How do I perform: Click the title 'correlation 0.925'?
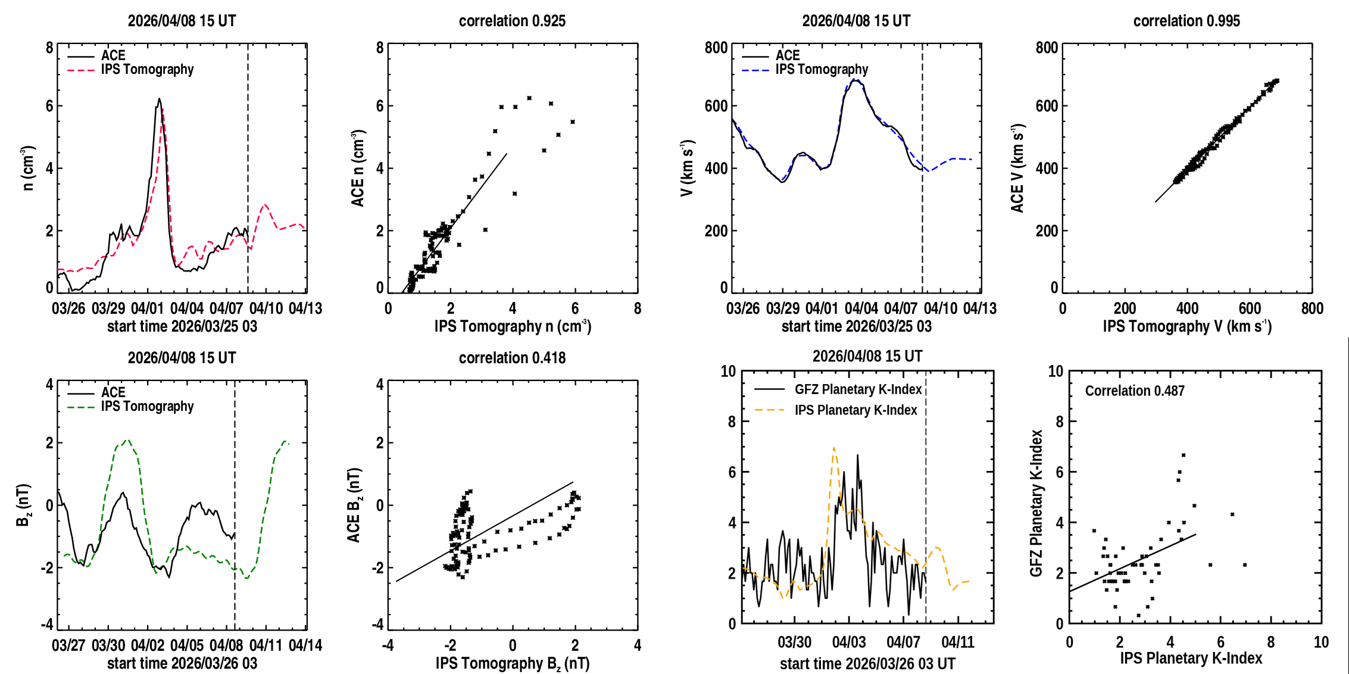pos(512,21)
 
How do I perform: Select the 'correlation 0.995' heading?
pos(1186,21)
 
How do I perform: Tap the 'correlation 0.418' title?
pos(512,358)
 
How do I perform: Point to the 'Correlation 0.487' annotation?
pos(1135,391)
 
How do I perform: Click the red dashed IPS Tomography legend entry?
pos(130,70)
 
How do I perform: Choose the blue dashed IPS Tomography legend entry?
pos(805,70)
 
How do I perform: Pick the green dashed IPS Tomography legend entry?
pos(130,407)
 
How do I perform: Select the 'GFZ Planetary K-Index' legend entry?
pos(838,389)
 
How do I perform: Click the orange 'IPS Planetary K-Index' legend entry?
pos(836,410)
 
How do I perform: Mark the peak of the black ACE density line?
pos(159,98)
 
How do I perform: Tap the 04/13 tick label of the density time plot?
pos(305,308)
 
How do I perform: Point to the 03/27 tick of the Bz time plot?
pos(68,645)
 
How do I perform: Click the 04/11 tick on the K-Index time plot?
pos(958,642)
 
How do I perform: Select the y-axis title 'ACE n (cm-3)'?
pos(358,168)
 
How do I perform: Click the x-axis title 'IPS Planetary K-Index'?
pos(1191,658)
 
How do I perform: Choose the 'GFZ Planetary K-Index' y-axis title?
pos(1036,503)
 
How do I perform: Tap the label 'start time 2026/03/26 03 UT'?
pos(868,664)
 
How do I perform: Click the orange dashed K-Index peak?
pos(833,447)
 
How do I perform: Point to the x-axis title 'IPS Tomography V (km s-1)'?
pos(1187,326)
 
